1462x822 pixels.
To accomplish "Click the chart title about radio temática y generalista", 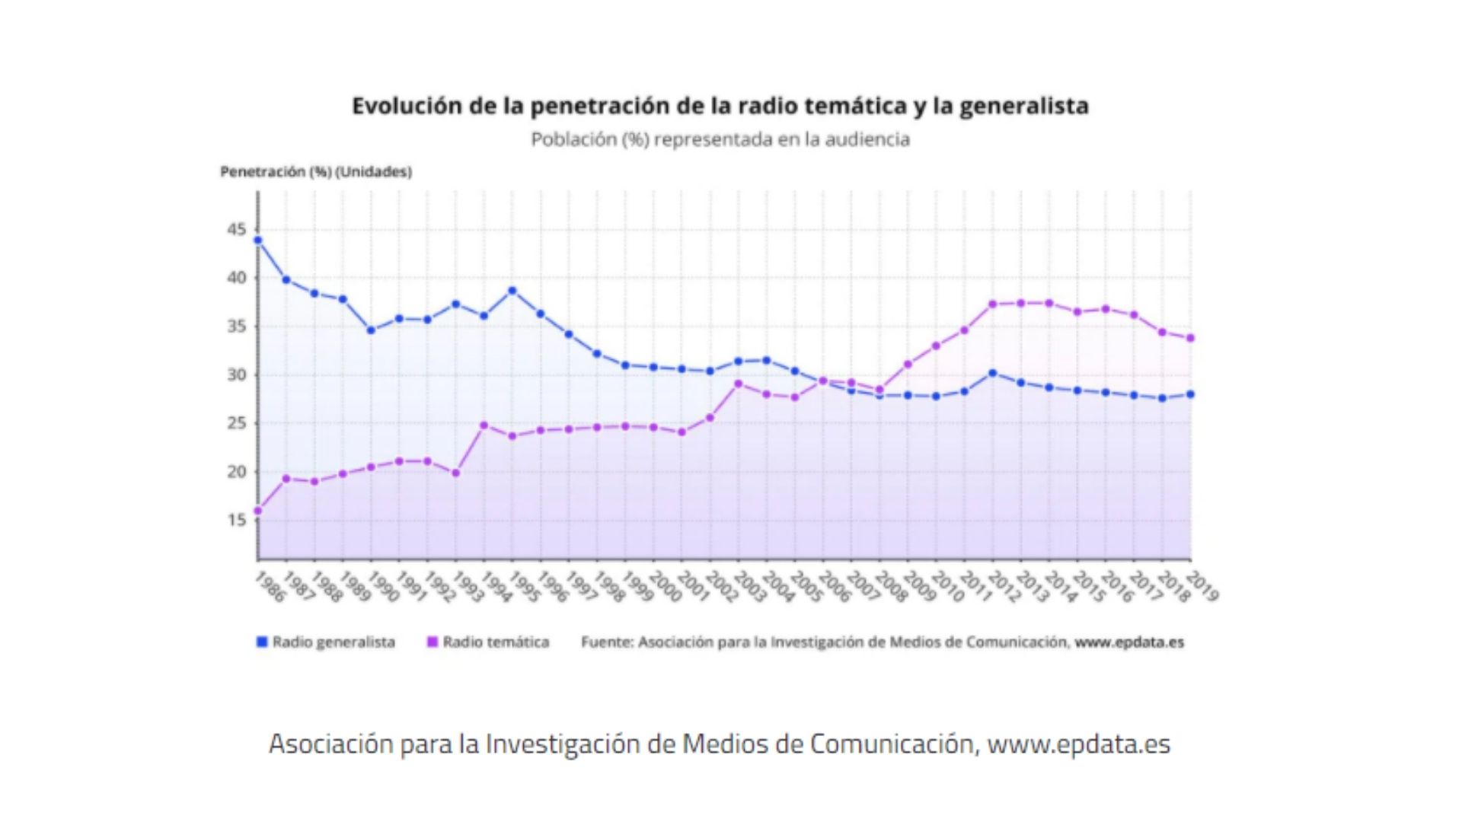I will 720,106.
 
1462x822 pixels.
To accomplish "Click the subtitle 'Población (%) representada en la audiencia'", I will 720,139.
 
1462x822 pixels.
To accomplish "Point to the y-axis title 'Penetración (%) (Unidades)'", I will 316,172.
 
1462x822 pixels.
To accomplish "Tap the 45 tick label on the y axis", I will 237,230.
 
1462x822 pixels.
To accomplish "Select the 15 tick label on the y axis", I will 237,520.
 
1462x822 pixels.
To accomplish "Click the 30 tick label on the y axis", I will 237,375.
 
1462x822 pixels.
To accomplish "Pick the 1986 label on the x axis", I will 270,588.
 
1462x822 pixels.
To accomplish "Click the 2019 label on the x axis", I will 1202,588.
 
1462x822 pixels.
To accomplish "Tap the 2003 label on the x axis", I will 750,588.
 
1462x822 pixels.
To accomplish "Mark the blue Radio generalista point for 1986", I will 258,241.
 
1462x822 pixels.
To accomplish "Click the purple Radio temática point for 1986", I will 258,511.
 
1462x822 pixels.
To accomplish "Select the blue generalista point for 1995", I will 512,291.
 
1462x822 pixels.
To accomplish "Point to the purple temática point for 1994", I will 484,425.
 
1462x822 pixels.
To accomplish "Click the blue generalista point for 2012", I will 993,373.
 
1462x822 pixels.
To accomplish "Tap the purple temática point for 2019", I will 1191,338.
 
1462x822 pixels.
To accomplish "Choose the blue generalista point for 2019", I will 1191,394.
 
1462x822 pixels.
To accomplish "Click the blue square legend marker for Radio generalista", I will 262,642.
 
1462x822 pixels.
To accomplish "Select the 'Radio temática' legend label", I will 496,642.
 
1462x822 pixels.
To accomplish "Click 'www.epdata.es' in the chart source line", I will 1129,642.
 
